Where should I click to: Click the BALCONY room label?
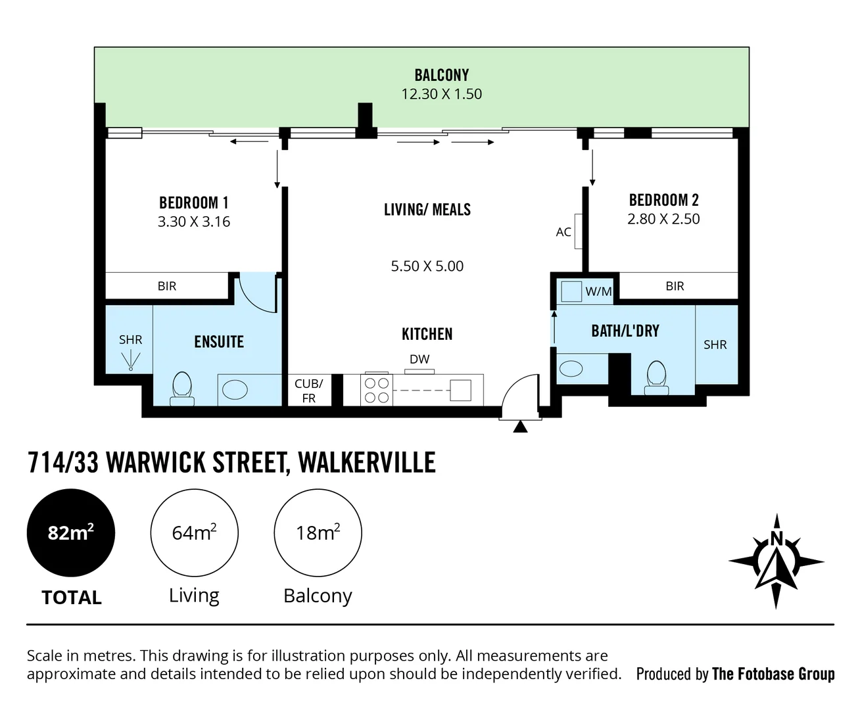[x=441, y=75]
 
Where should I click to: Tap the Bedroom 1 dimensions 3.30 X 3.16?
[x=194, y=222]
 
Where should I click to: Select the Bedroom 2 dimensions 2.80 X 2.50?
[x=663, y=219]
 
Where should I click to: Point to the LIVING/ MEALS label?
[x=427, y=210]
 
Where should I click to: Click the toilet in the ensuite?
[x=181, y=387]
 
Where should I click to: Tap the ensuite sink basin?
[x=235, y=389]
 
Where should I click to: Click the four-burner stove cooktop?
[x=377, y=390]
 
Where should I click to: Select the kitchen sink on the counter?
[x=460, y=390]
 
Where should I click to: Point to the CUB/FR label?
[x=308, y=390]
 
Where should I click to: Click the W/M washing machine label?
[x=598, y=291]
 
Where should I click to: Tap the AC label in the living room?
[x=563, y=232]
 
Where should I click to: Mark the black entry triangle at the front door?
[x=520, y=427]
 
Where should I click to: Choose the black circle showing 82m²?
[x=71, y=532]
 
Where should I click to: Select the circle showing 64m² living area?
[x=194, y=532]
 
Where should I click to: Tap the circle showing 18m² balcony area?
[x=318, y=532]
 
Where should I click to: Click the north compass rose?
[x=776, y=561]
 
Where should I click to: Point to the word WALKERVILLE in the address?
[x=367, y=463]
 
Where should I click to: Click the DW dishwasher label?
[x=419, y=359]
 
